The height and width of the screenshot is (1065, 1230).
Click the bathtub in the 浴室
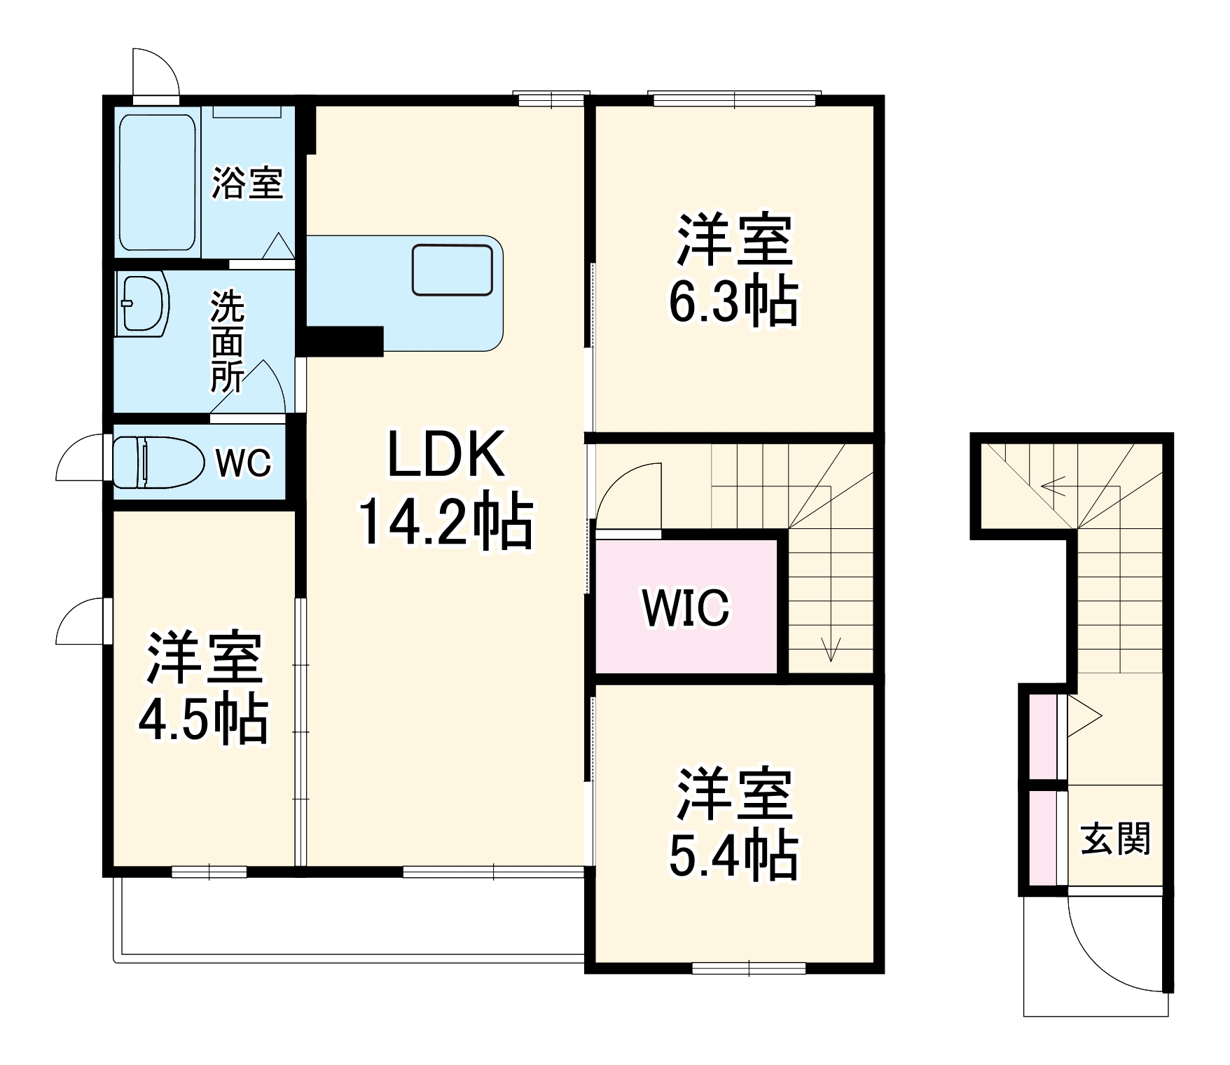click(x=158, y=182)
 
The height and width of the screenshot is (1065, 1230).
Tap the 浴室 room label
click(x=247, y=183)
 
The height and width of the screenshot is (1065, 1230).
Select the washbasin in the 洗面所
click(x=145, y=302)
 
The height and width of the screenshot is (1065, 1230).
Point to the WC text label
click(x=242, y=463)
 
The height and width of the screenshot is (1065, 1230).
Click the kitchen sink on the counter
click(x=452, y=270)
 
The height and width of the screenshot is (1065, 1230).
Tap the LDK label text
click(x=445, y=455)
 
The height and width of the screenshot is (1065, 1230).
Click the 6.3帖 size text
click(x=733, y=303)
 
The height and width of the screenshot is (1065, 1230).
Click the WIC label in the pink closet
click(x=686, y=608)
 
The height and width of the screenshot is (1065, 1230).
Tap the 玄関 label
click(x=1115, y=839)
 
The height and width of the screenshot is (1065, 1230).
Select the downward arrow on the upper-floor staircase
click(x=831, y=648)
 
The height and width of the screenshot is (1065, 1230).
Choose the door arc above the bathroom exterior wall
click(x=156, y=72)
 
